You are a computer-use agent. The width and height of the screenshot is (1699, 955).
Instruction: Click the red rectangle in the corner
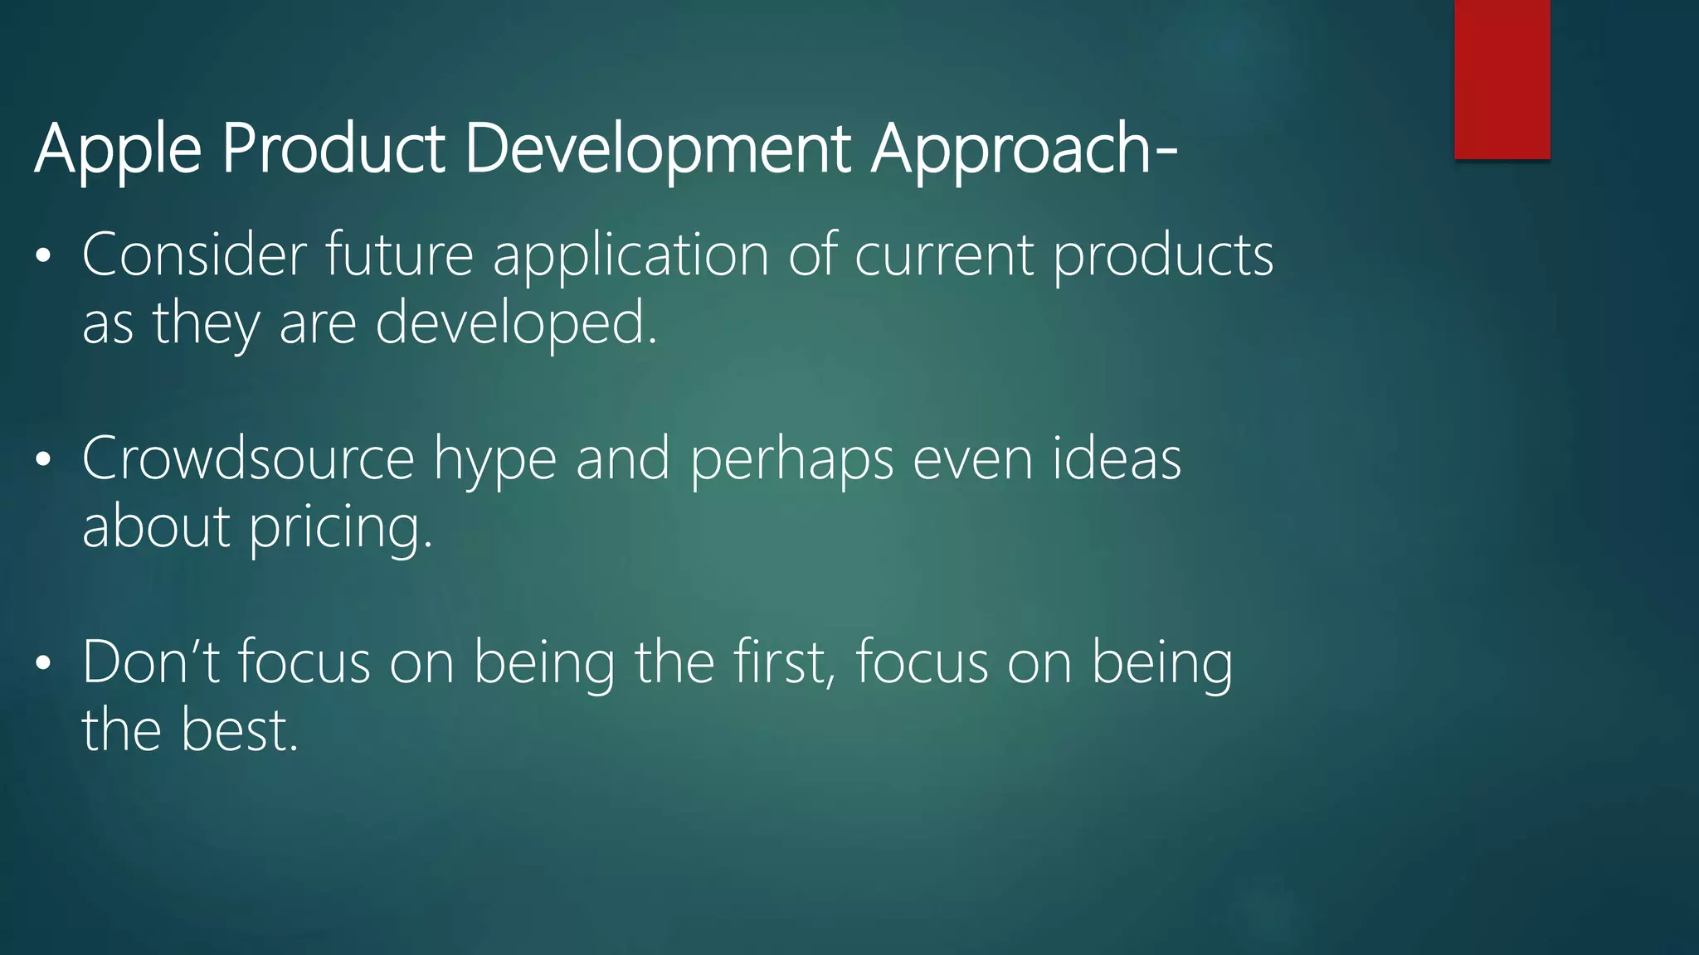tap(1502, 79)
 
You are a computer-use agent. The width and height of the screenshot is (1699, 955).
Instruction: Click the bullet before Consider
tap(44, 256)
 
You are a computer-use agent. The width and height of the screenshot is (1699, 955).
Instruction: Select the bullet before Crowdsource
tap(44, 460)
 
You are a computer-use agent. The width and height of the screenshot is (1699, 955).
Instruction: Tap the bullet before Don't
tap(44, 664)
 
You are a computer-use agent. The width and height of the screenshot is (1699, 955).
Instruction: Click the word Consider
tap(194, 255)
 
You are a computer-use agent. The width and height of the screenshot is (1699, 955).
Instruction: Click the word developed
tap(516, 324)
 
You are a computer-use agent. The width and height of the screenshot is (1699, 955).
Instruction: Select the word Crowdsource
tap(247, 458)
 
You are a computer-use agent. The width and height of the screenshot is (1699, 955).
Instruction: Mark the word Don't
tap(151, 662)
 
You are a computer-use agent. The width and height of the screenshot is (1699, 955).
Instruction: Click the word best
tap(239, 730)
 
